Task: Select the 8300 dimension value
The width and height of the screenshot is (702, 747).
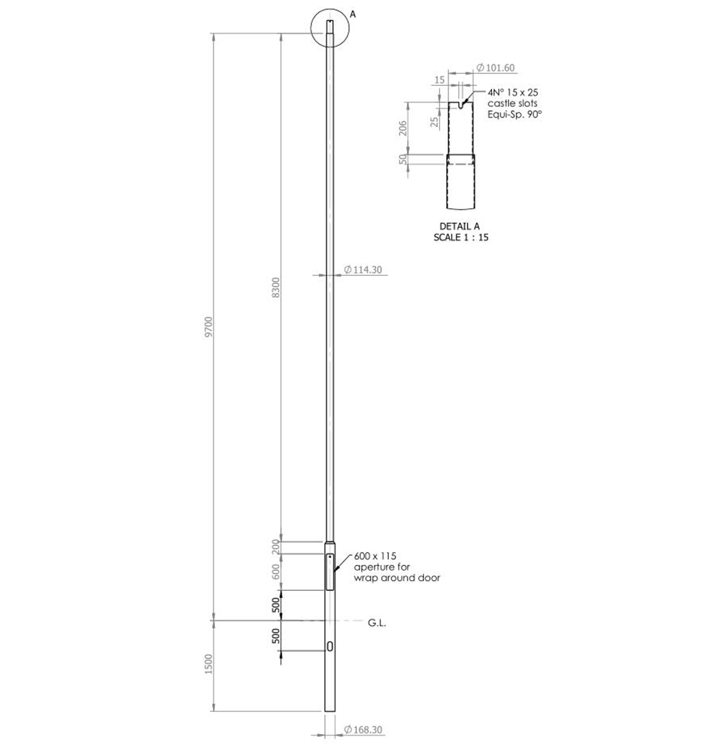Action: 276,288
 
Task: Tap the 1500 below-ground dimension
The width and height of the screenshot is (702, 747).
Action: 208,664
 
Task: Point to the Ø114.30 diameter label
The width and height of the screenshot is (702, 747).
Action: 362,269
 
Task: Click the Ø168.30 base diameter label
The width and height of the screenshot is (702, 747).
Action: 362,730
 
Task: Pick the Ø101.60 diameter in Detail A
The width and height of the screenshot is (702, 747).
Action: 496,67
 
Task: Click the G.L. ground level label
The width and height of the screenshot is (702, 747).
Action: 377,622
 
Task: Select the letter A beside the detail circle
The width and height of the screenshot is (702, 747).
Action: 352,14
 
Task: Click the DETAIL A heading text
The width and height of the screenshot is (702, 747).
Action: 459,226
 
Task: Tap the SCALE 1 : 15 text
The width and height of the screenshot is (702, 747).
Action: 461,237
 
